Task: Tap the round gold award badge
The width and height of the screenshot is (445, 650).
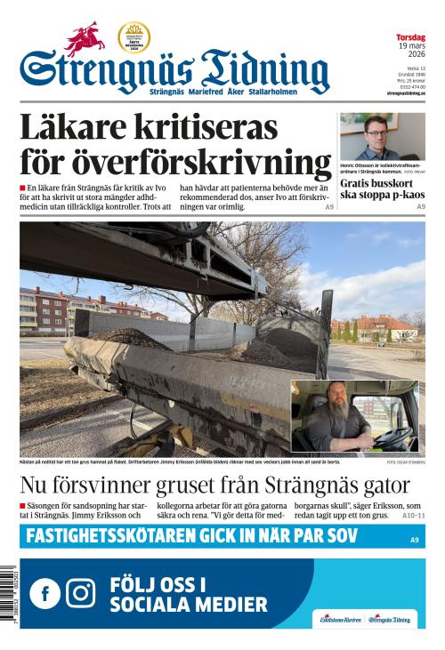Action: pyautogui.click(x=133, y=37)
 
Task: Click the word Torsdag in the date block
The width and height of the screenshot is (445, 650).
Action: pyautogui.click(x=410, y=37)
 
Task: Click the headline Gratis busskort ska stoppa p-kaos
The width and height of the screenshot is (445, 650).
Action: pyautogui.click(x=381, y=189)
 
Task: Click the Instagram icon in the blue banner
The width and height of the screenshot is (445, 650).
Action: pyautogui.click(x=80, y=592)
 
